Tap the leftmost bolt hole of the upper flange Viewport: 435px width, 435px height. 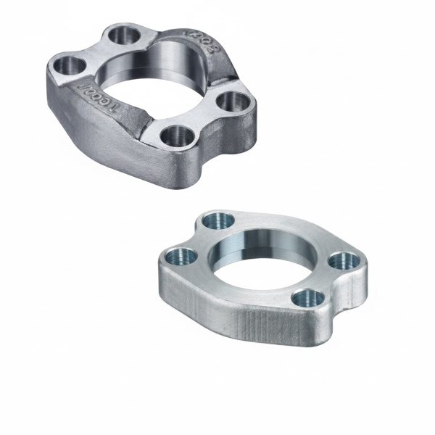70,66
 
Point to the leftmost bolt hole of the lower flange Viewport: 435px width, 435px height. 181,254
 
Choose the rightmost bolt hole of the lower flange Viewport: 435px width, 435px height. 340,261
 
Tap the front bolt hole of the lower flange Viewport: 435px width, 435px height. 305,297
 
